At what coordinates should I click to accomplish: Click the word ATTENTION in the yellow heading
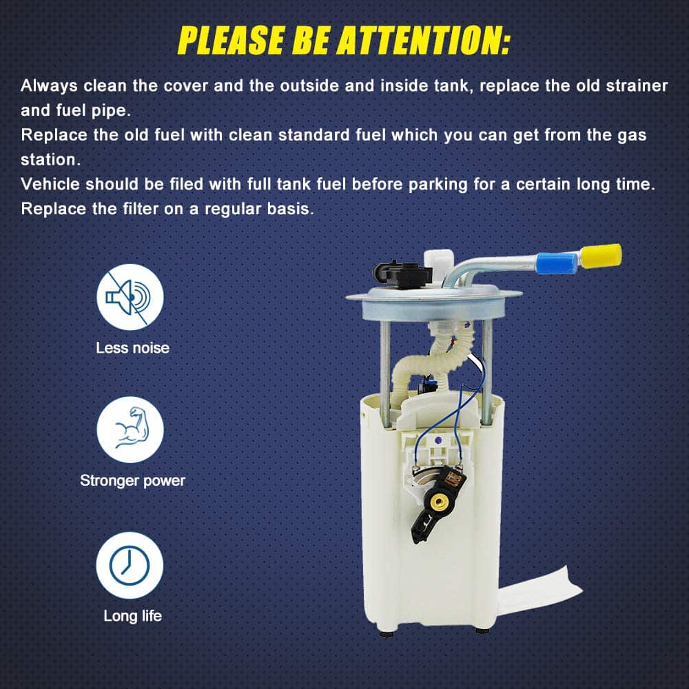click(x=424, y=40)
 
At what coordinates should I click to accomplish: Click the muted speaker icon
click(x=130, y=297)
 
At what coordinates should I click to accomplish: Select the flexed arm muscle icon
click(x=130, y=429)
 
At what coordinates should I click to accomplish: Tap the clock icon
click(x=130, y=565)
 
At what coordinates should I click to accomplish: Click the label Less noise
click(x=133, y=347)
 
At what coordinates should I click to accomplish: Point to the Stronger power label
click(x=133, y=481)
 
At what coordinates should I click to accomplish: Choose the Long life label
click(x=133, y=616)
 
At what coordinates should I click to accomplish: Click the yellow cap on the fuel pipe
click(x=601, y=256)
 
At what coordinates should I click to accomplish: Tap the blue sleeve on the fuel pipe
click(x=556, y=263)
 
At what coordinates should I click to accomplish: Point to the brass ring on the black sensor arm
click(x=438, y=501)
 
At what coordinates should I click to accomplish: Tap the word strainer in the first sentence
click(x=637, y=85)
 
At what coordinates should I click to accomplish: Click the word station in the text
click(x=50, y=160)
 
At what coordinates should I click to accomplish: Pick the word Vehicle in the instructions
click(x=50, y=184)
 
